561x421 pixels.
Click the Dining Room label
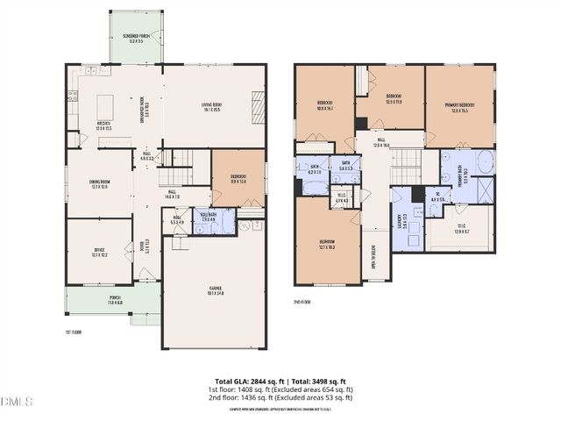click(99, 184)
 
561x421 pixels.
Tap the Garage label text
click(215, 290)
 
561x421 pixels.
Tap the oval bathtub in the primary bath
click(484, 164)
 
